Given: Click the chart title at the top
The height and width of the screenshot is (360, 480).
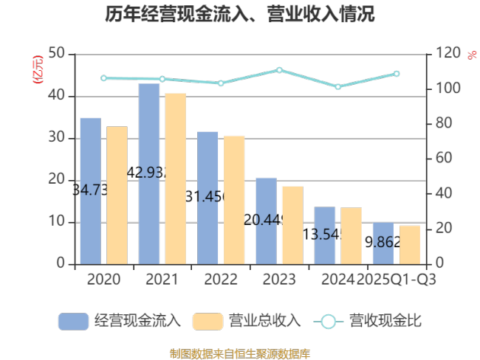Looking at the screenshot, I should pos(239,14).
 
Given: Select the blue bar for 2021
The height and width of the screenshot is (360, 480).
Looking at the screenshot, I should pos(148,173).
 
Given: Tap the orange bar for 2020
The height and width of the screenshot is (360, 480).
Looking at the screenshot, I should pos(117,195).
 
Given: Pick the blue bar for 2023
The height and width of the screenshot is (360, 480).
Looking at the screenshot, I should pos(266,221).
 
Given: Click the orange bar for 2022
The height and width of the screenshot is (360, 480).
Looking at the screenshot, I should pos(234,200).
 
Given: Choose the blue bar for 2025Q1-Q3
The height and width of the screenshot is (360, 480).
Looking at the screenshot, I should pos(383,243).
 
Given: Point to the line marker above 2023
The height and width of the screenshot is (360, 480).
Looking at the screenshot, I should pos(279,70).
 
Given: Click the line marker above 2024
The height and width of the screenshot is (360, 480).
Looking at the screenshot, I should pos(338,87).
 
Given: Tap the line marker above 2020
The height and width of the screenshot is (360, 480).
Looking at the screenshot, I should pos(103,78).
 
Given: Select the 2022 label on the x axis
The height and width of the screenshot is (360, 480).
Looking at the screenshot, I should pos(221,280).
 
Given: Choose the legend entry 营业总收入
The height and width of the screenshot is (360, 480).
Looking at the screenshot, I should pos(247,321).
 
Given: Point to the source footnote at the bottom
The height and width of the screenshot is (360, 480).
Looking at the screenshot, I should pos(239,353).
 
